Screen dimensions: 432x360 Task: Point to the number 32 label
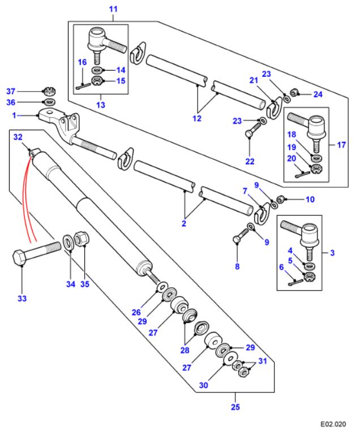(18, 137)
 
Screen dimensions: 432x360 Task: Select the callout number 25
(234, 406)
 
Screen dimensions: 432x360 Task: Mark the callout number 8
(237, 266)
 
